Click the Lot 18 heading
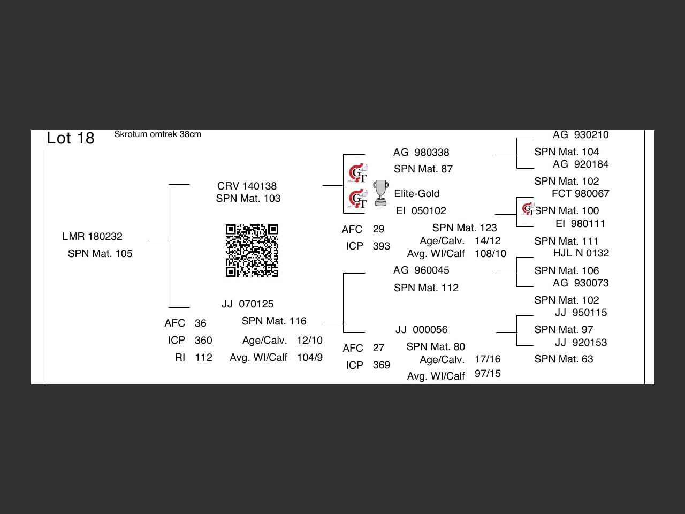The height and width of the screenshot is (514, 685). (x=71, y=138)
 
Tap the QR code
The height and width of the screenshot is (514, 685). (x=252, y=251)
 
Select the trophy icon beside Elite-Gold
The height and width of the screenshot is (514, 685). (x=380, y=193)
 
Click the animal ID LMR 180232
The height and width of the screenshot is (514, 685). (x=92, y=236)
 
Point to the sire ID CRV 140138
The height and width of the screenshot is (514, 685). (x=247, y=186)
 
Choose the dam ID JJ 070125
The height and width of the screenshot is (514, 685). (x=247, y=304)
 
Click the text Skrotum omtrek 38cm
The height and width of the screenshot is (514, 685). (x=157, y=134)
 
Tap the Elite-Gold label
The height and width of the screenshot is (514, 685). (x=416, y=193)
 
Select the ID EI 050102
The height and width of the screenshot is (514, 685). (x=421, y=210)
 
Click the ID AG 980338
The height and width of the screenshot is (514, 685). (x=421, y=153)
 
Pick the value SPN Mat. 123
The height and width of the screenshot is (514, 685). (x=465, y=228)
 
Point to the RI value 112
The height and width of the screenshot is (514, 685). (x=203, y=357)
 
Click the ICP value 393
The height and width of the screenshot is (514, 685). (x=381, y=246)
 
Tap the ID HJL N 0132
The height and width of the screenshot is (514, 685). (x=581, y=253)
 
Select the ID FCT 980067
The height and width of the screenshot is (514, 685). (x=580, y=193)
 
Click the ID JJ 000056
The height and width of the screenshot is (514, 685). (x=421, y=329)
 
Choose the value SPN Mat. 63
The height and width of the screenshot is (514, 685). (x=564, y=359)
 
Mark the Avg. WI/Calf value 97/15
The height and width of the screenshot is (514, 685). (x=488, y=373)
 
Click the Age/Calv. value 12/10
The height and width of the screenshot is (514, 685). (x=309, y=340)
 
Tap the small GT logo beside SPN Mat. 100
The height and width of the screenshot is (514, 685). (x=528, y=209)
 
